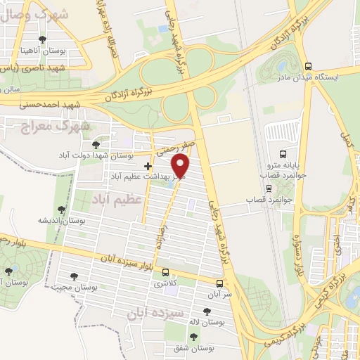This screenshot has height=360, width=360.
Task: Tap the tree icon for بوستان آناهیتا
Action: pos(44,39)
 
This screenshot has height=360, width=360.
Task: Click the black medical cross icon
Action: pos(147,166)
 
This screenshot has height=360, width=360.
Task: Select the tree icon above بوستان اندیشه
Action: pos(62,209)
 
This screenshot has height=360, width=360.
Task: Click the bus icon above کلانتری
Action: pos(166,273)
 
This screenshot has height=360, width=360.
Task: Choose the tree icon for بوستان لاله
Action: pos(206,311)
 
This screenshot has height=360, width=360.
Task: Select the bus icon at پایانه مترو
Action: pos(283,154)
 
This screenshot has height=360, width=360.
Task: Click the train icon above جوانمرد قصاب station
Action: pos(268,188)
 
